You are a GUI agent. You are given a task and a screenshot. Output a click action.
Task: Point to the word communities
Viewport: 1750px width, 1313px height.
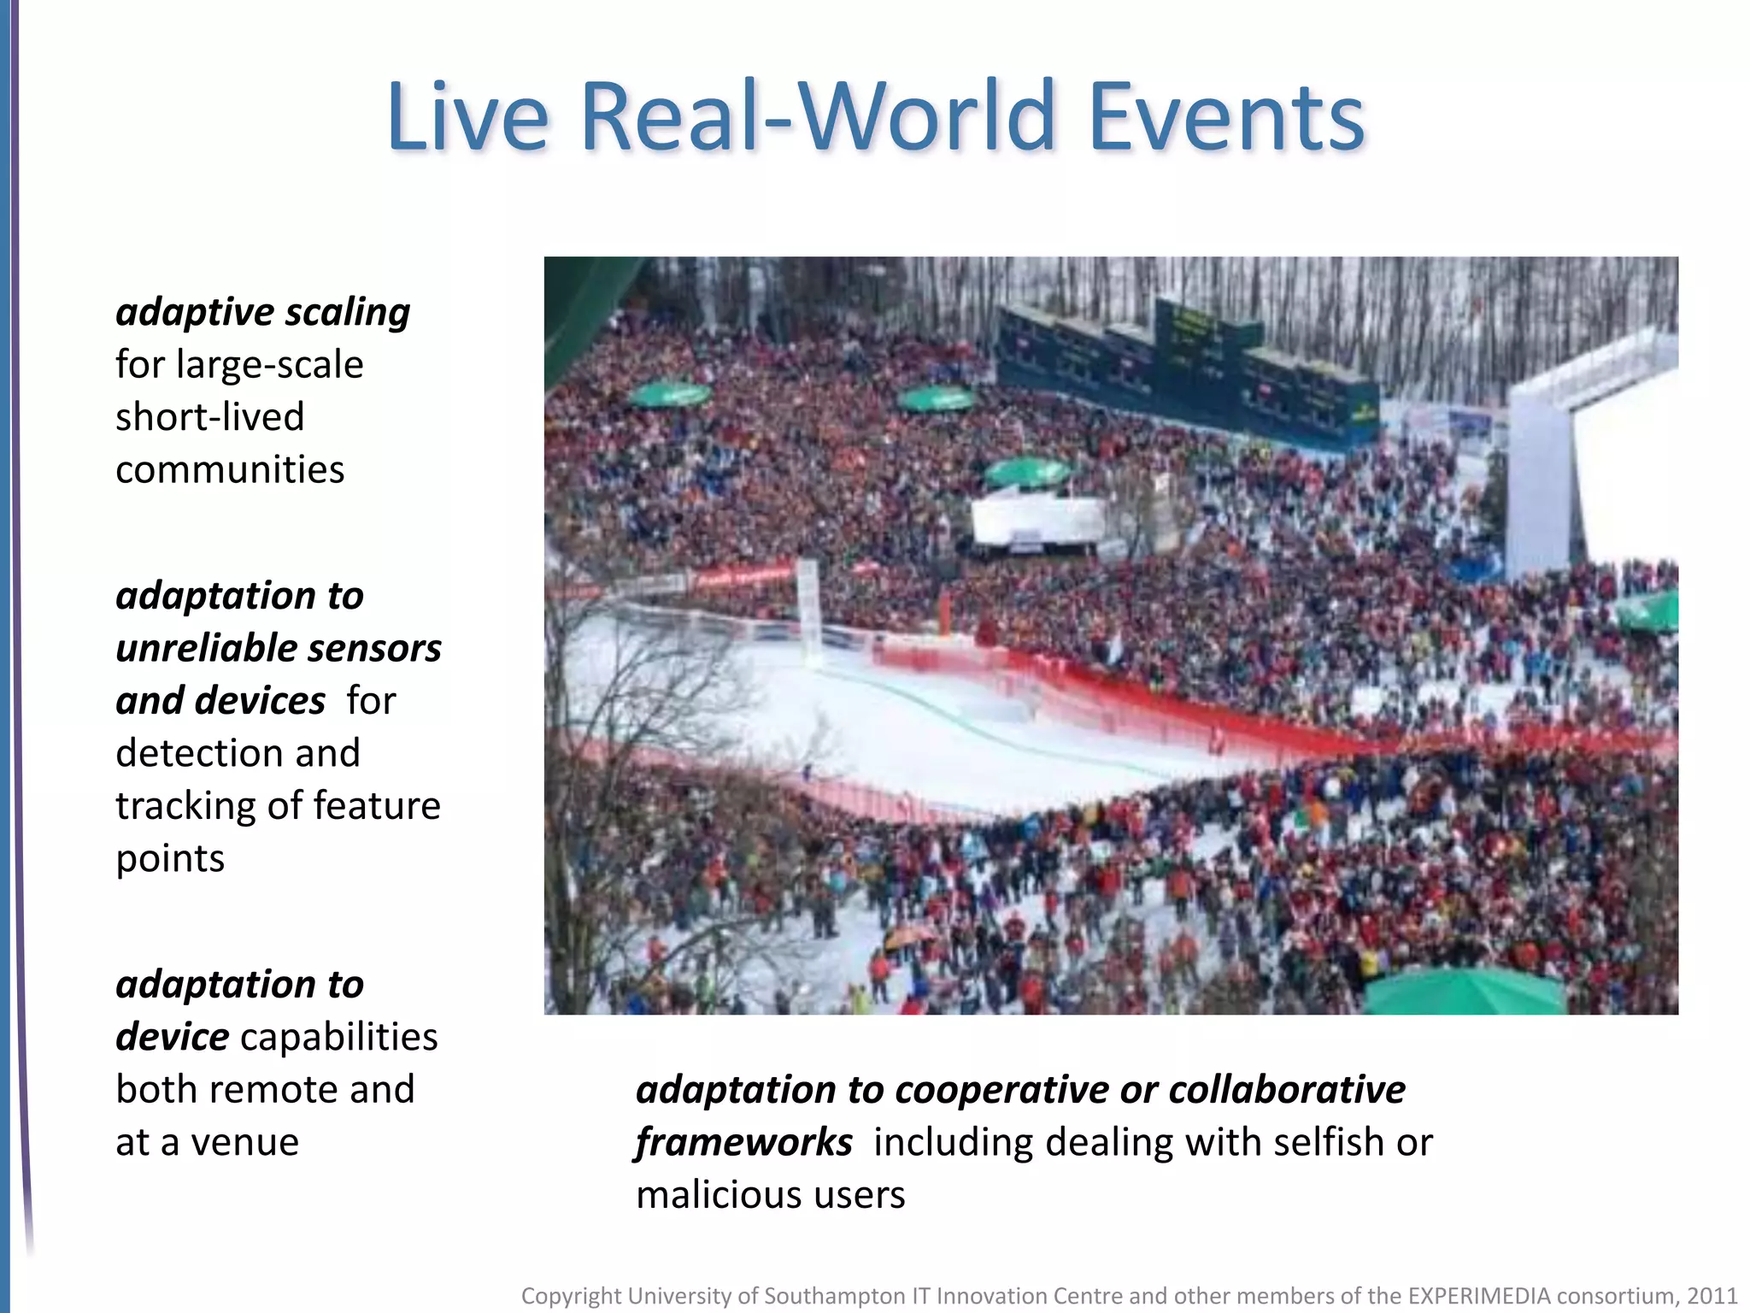[x=230, y=469]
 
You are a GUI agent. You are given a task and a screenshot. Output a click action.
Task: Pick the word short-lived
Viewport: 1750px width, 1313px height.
[x=210, y=417]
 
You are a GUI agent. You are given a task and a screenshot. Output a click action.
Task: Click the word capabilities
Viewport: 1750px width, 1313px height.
[x=339, y=1037]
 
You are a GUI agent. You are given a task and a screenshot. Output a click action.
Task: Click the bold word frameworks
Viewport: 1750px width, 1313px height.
[x=744, y=1142]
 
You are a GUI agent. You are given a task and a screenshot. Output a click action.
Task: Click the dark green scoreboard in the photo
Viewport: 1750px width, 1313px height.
[x=1188, y=368]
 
